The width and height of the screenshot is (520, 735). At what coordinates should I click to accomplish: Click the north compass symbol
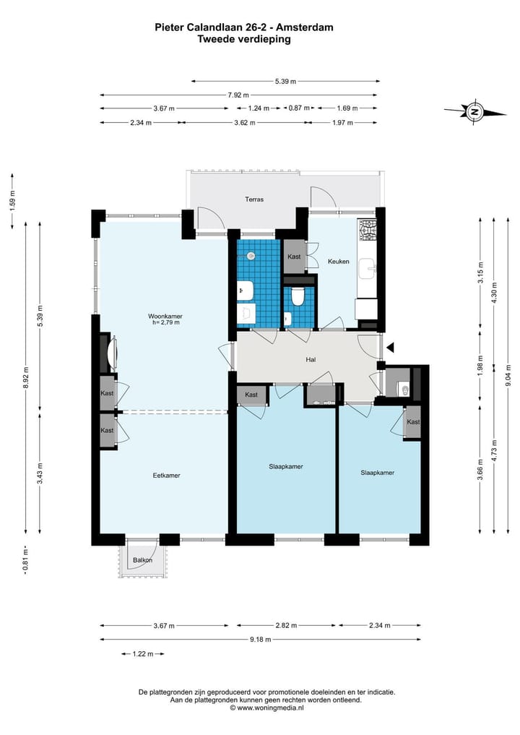[475, 111]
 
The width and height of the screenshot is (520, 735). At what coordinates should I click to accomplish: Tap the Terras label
[254, 199]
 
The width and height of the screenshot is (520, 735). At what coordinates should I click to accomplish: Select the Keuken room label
[338, 262]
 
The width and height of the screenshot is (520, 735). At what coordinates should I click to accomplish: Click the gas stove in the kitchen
[368, 230]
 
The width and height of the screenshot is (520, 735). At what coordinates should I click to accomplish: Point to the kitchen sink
[368, 270]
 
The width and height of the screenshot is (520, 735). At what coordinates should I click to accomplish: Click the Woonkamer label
[165, 316]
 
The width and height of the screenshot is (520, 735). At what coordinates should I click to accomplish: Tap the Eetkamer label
[166, 476]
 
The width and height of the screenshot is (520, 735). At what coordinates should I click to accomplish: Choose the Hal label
[311, 359]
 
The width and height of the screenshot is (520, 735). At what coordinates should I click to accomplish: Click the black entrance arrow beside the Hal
[390, 348]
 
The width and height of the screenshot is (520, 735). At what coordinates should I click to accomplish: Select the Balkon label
[142, 560]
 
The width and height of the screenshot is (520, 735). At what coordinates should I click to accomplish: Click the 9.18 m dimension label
[261, 639]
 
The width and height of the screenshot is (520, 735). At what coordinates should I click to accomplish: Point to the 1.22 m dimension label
[142, 654]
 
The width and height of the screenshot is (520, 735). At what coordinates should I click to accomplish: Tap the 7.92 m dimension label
[238, 95]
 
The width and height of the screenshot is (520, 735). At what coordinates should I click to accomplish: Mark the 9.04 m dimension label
[508, 376]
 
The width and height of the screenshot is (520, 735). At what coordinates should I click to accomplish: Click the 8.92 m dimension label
[26, 377]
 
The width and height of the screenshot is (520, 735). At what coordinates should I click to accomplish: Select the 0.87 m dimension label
[299, 108]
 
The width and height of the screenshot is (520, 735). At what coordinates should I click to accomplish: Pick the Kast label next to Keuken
[294, 257]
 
